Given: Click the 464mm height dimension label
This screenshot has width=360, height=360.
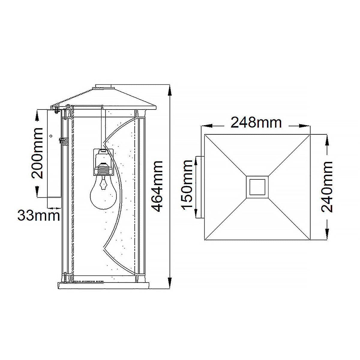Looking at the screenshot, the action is (157, 186).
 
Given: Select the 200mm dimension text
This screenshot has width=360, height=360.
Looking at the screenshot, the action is (37, 153).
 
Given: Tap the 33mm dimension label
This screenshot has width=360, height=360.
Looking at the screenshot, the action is (39, 215).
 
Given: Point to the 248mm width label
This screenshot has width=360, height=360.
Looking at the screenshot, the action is (256, 123).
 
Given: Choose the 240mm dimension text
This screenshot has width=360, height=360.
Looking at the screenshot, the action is (327, 187).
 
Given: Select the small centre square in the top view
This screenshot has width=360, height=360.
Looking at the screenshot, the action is (257, 187).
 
